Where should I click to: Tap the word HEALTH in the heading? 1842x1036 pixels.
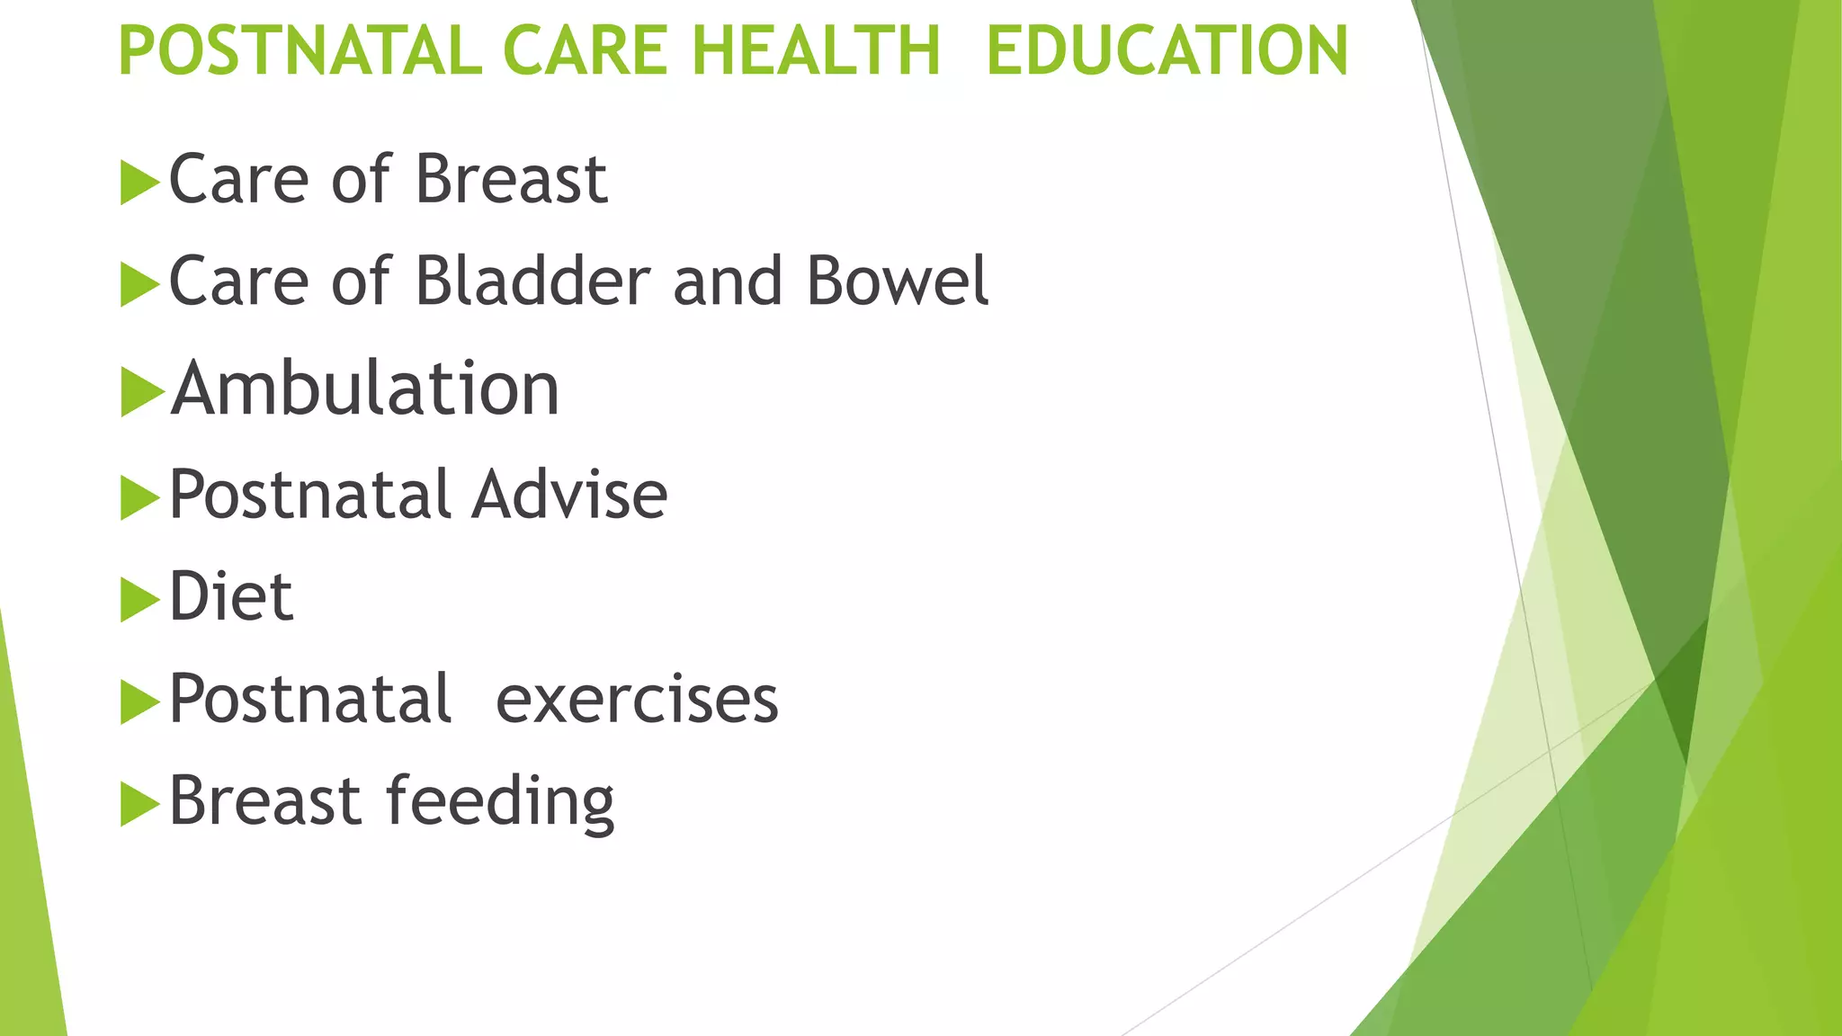816,50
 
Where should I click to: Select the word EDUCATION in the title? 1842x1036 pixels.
1167,50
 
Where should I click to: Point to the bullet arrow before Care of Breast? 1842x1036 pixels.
139,183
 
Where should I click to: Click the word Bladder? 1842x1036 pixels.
532,281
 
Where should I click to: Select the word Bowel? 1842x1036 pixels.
897,281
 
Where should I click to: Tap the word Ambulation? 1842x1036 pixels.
366,389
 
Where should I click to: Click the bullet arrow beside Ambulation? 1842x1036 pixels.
141,392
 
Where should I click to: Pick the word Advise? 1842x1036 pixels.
569,496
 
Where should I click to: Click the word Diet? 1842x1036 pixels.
231,596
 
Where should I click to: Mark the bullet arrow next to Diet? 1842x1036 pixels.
139,600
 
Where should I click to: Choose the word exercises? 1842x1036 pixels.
637,699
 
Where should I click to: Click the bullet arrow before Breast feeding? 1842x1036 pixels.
139,804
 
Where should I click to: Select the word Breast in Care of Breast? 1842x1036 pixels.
511,180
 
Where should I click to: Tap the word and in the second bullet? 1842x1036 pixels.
728,281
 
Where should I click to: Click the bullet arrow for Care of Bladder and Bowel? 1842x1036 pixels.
139,285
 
